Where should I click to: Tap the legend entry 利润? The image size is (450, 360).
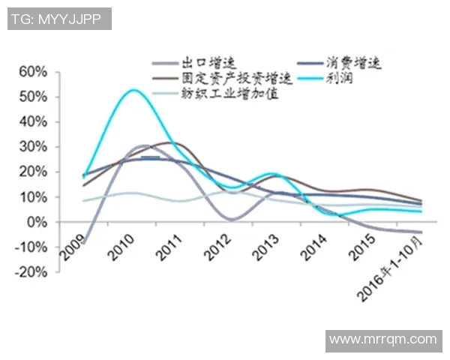click(340, 79)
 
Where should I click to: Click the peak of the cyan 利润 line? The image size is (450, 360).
click(133, 90)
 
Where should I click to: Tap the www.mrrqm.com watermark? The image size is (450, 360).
click(383, 340)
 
